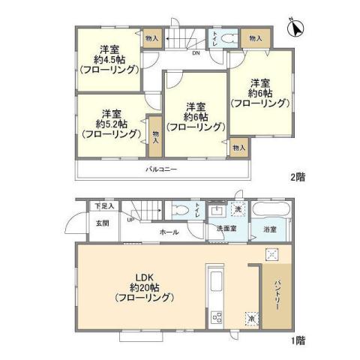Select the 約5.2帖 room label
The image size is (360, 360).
[113, 124]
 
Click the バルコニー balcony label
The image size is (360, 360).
[161, 170]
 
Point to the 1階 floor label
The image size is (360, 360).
[298, 340]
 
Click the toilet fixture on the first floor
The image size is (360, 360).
[179, 210]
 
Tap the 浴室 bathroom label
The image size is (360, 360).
[268, 229]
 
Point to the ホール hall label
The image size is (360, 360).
[169, 232]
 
